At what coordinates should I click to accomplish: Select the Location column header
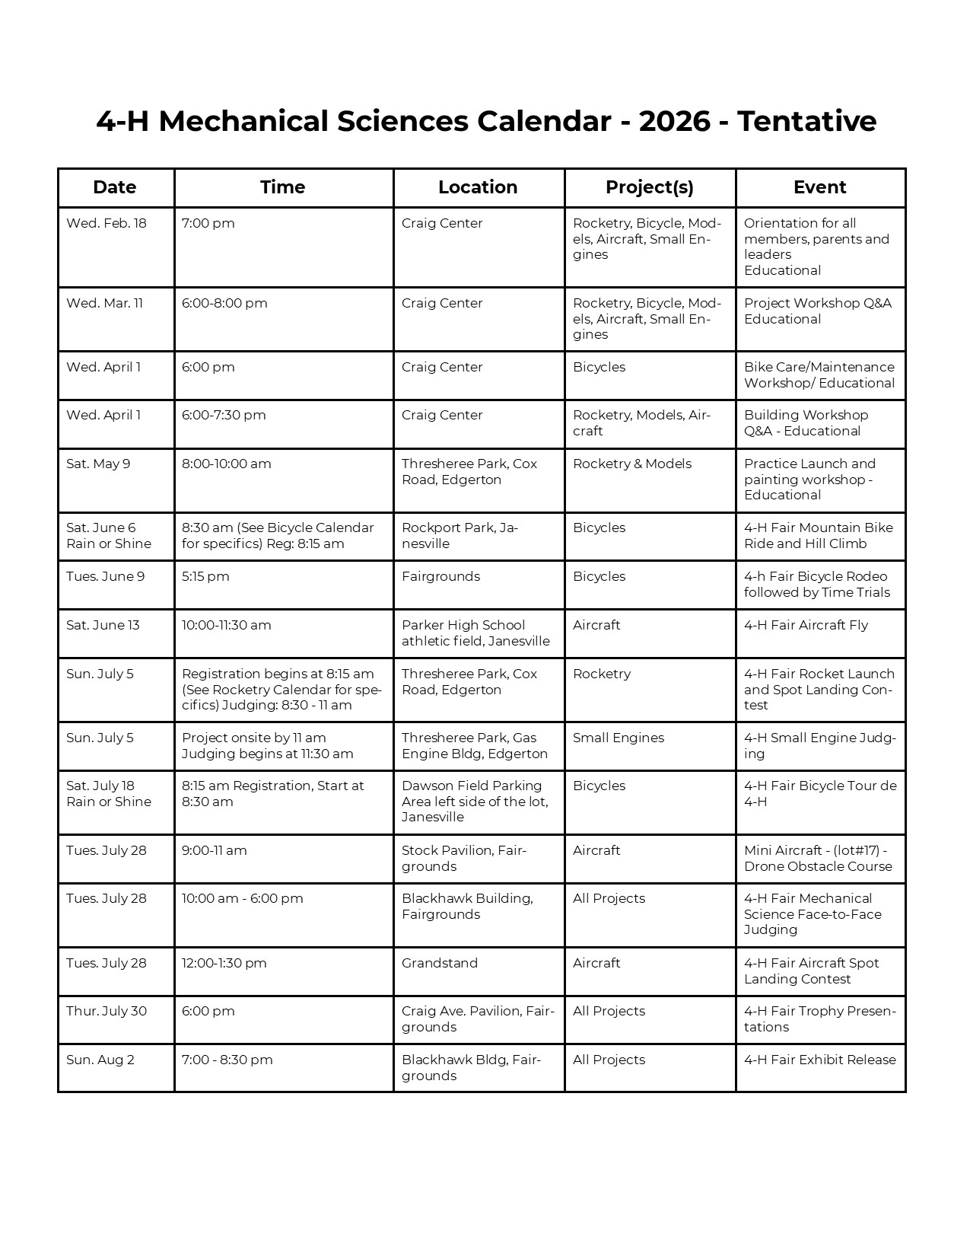coord(478,187)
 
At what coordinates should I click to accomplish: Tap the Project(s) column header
coord(649,187)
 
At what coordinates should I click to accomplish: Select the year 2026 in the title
coord(675,122)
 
